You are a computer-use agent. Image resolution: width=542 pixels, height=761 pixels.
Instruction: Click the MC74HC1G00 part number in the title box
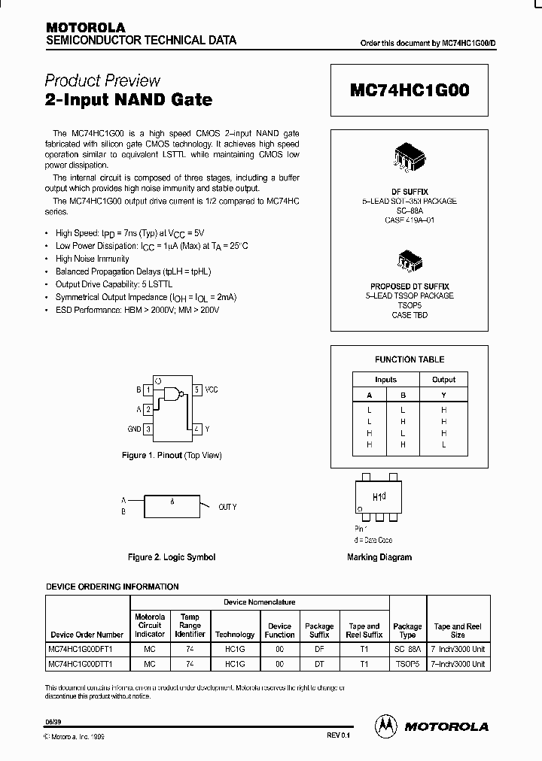click(410, 91)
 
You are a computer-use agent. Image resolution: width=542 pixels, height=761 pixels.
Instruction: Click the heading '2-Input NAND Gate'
click(129, 99)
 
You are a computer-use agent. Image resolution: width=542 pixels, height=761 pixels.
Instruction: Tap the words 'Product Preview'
click(102, 80)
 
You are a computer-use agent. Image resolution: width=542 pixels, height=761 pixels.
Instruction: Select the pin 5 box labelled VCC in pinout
click(196, 390)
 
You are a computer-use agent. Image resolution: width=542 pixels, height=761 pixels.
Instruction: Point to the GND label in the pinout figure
click(134, 429)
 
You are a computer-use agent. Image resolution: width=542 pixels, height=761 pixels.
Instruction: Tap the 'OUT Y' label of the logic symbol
click(227, 507)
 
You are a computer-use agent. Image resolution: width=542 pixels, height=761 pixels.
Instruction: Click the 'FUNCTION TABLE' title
click(410, 359)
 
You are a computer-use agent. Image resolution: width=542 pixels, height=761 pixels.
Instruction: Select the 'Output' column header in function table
click(443, 380)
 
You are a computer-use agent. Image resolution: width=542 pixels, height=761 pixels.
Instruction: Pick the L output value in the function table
click(443, 444)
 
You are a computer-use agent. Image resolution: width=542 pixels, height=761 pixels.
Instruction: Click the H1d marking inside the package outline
click(379, 497)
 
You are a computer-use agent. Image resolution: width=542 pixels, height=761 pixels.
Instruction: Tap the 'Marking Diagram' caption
click(379, 557)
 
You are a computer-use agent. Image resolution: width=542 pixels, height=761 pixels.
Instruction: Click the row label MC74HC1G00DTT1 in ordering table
click(85, 664)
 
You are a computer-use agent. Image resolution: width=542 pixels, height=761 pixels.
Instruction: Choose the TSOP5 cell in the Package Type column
click(407, 664)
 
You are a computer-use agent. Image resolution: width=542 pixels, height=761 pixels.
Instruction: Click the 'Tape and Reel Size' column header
click(458, 630)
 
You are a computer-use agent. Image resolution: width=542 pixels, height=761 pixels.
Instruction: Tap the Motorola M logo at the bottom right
click(386, 726)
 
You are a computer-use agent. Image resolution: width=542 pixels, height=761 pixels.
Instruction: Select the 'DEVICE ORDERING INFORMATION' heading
click(113, 587)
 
